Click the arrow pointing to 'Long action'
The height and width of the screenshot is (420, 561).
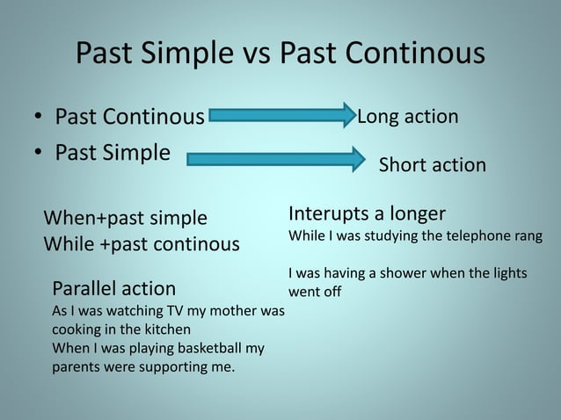280,116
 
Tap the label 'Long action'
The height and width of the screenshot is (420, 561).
406,116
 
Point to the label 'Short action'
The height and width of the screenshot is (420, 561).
432,165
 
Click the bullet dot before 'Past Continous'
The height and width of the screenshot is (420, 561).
40,118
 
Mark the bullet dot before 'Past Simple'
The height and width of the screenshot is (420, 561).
40,154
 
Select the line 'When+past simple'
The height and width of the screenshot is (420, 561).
126,218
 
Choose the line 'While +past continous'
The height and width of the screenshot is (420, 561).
142,243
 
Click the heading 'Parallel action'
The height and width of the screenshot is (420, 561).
114,288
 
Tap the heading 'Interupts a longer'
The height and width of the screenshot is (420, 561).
367,214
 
